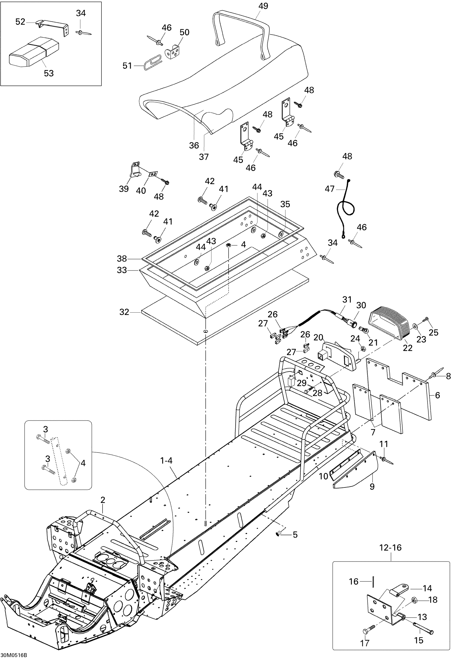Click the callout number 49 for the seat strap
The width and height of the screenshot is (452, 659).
point(263,6)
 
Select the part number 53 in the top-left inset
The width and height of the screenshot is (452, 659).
point(49,73)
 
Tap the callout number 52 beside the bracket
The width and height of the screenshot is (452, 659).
point(20,22)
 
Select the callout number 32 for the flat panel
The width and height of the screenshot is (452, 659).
point(124,312)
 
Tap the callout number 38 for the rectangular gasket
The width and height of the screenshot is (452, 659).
point(122,259)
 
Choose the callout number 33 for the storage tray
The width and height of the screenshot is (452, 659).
point(122,270)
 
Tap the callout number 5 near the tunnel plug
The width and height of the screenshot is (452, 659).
point(295,535)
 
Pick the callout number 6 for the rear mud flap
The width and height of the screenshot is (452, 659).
point(437,395)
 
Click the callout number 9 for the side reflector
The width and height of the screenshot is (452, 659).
point(372,487)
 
